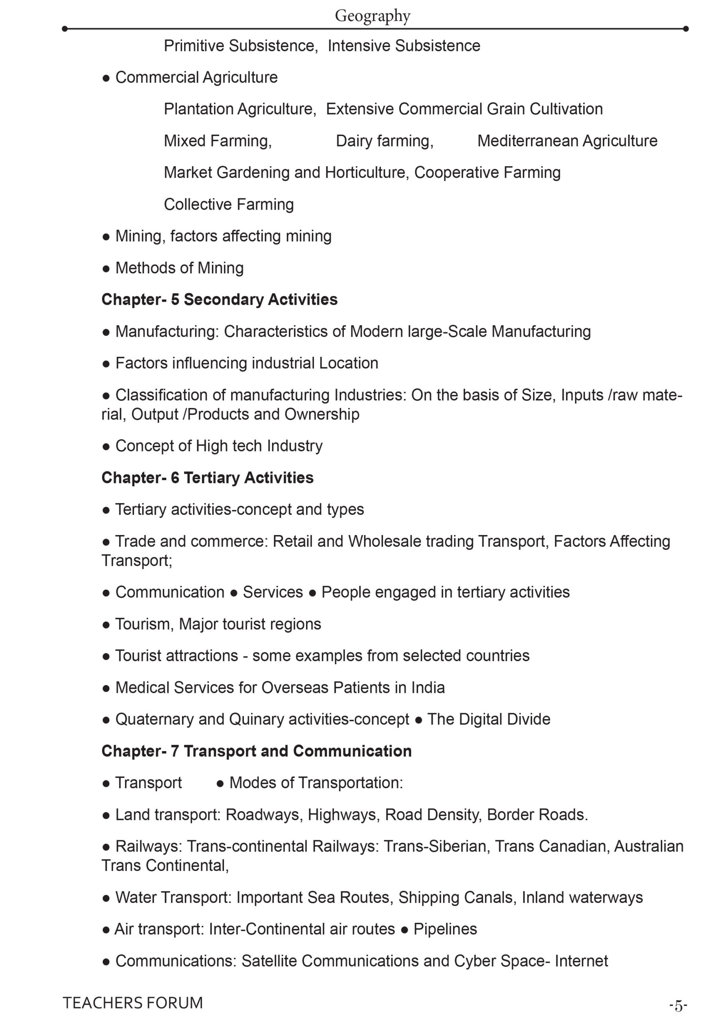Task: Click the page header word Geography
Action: pyautogui.click(x=372, y=16)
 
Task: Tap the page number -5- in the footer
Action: pyautogui.click(x=678, y=1005)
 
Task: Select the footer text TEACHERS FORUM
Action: pyautogui.click(x=132, y=1003)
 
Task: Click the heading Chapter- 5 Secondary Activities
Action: pyautogui.click(x=219, y=300)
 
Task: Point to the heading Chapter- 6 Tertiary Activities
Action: pyautogui.click(x=207, y=478)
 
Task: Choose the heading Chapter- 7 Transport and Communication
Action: pyautogui.click(x=256, y=751)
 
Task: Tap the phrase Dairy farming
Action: pyautogui.click(x=384, y=141)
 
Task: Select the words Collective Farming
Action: pyautogui.click(x=229, y=204)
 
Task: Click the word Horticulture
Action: pyautogui.click(x=366, y=173)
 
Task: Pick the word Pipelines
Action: pyautogui.click(x=445, y=929)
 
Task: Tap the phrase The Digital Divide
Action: pyautogui.click(x=489, y=719)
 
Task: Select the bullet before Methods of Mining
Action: pyautogui.click(x=106, y=269)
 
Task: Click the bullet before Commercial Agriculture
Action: pyautogui.click(x=106, y=78)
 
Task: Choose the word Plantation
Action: pyautogui.click(x=198, y=109)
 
